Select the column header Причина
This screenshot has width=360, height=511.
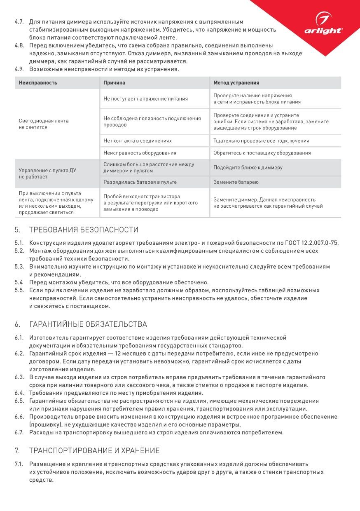point(115,83)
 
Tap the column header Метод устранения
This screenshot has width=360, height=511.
point(236,83)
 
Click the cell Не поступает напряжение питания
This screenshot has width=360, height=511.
point(145,99)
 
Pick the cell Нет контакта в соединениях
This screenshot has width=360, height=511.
point(138,141)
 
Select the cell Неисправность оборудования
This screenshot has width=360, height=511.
point(140,153)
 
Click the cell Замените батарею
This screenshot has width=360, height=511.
point(236,182)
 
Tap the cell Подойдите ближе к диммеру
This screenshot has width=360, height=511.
point(248,168)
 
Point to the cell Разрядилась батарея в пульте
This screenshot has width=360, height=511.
point(140,182)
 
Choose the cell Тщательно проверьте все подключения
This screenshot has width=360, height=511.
point(261,141)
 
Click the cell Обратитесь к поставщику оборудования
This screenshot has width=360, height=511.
point(262,153)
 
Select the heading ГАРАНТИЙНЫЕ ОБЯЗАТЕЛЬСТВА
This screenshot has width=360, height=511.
point(88,324)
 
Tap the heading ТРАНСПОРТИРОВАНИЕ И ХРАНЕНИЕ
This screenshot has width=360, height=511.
point(94,450)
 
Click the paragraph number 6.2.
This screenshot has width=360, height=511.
point(19,354)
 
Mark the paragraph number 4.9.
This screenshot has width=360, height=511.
point(19,69)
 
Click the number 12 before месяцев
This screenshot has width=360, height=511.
point(119,354)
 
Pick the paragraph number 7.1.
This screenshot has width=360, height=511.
point(19,464)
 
